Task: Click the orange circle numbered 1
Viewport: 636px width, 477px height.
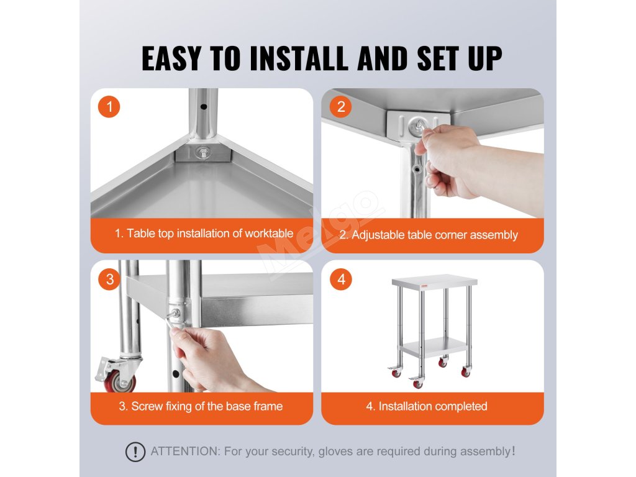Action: [109, 107]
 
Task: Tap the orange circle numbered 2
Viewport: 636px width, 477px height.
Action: [341, 107]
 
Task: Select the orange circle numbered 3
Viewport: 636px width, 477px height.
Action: [109, 279]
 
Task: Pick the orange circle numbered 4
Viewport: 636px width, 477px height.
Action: [341, 279]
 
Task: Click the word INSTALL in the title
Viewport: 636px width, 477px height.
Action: [299, 58]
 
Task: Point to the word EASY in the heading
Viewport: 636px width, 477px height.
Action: [171, 58]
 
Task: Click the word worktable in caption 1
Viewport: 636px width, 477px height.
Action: [269, 234]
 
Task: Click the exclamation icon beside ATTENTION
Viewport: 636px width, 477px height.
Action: [135, 452]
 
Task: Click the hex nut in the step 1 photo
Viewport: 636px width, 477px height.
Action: [202, 153]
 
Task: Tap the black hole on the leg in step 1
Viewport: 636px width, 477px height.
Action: [204, 107]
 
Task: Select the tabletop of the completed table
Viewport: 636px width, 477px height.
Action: [434, 281]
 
